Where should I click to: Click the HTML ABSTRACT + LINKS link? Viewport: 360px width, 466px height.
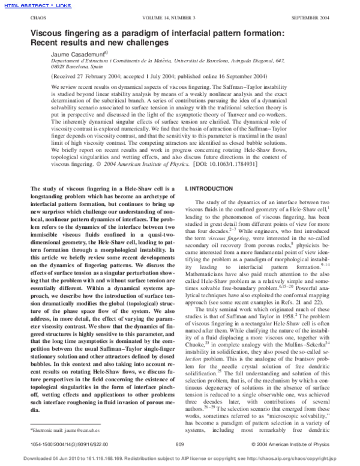click(x=28, y=5)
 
